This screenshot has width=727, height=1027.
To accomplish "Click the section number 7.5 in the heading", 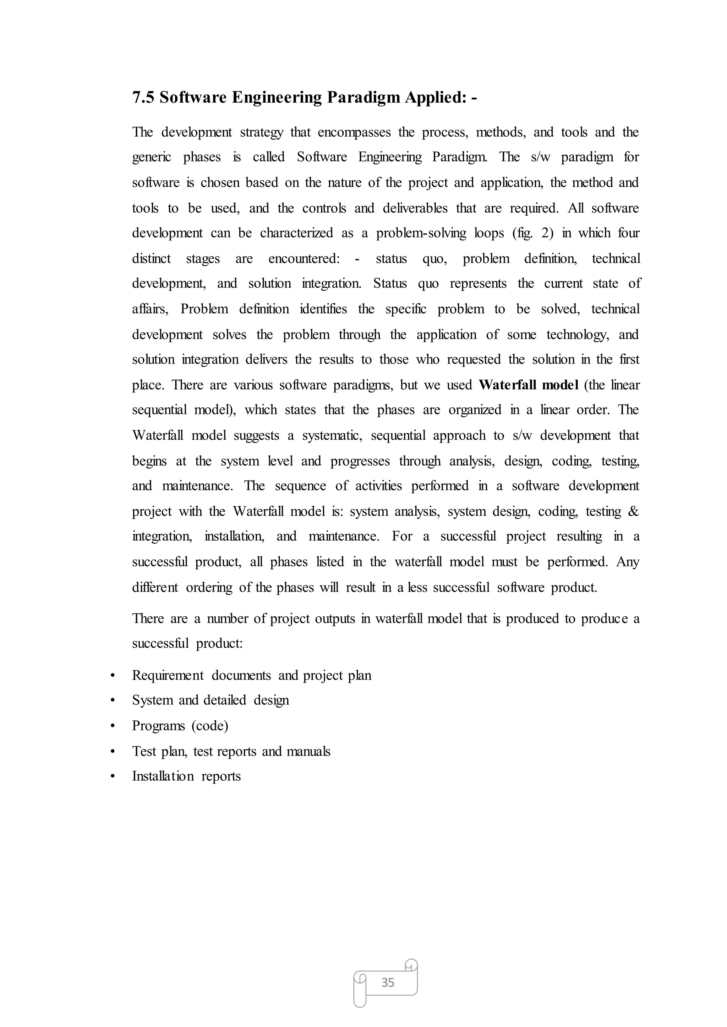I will pyautogui.click(x=143, y=97).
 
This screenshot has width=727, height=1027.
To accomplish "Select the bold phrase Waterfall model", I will pyautogui.click(x=528, y=385).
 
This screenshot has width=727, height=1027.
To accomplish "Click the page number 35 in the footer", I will pyautogui.click(x=388, y=982).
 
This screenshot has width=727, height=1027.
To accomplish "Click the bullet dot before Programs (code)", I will pyautogui.click(x=113, y=726).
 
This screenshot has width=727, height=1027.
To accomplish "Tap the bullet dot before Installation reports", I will pyautogui.click(x=113, y=776).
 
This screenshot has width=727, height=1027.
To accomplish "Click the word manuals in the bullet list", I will pyautogui.click(x=308, y=751).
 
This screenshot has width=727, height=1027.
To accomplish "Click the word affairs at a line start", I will pyautogui.click(x=149, y=309).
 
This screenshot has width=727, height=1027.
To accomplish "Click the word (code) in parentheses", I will pyautogui.click(x=209, y=726).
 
